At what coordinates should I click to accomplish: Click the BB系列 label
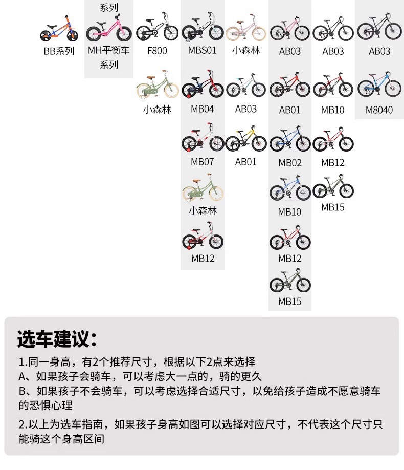pos(59,51)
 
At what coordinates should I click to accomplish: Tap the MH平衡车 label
pos(109,51)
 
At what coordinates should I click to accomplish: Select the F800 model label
pos(157,51)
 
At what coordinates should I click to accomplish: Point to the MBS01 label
pos(203,51)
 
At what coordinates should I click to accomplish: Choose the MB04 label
pos(203,109)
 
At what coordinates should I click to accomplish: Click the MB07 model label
pos(203,162)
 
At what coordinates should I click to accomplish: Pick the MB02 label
pos(290,163)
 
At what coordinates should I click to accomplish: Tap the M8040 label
pos(379,110)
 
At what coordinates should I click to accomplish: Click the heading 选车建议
pos(57,339)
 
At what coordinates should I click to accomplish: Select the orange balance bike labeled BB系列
pos(58,30)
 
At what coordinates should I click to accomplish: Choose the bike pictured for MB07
pos(203,138)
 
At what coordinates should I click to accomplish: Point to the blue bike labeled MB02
pos(290,139)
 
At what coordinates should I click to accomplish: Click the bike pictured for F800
pos(157,27)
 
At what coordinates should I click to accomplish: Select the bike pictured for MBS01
pos(203,27)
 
